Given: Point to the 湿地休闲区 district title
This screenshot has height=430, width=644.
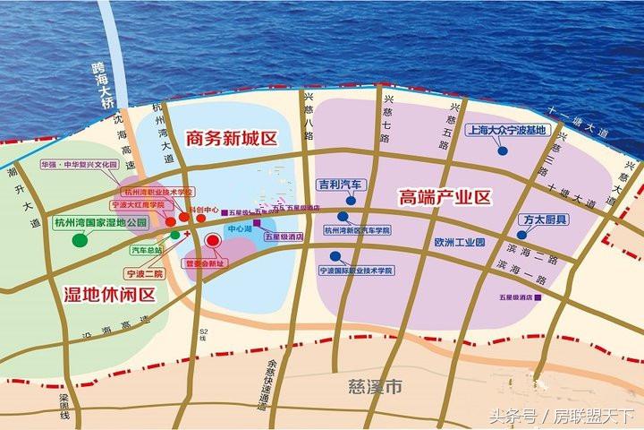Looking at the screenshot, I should coord(109,294).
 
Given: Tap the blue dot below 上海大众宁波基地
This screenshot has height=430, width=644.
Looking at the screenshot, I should coord(504,151).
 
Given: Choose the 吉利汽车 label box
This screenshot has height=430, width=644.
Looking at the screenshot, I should coord(340,185).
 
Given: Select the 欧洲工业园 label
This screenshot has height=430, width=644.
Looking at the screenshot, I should coord(459,243).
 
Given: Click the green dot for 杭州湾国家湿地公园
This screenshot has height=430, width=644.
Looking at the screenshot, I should coord(80,239).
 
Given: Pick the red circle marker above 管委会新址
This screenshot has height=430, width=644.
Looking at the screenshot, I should coord(213,240).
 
